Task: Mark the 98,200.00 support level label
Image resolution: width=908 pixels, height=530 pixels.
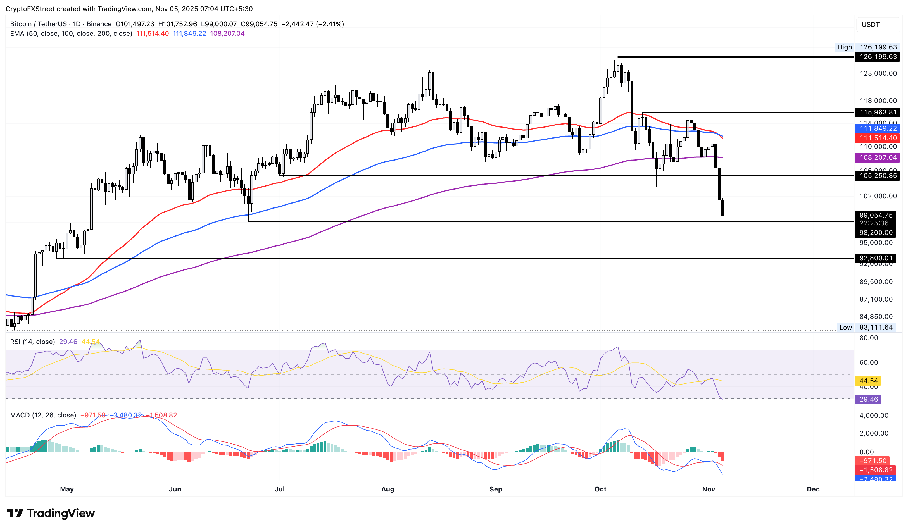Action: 876,233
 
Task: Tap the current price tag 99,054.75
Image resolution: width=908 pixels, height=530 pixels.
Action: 876,215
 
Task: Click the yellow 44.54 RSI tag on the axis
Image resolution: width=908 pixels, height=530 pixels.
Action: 868,381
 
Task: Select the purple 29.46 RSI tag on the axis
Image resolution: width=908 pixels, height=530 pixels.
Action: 868,399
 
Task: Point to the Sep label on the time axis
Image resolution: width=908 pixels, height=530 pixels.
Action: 496,489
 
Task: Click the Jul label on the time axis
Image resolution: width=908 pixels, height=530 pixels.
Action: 280,489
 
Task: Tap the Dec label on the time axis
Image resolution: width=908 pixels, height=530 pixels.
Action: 813,489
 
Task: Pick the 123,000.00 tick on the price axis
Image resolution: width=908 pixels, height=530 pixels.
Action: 878,73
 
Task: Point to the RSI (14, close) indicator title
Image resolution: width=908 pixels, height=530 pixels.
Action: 32,342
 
